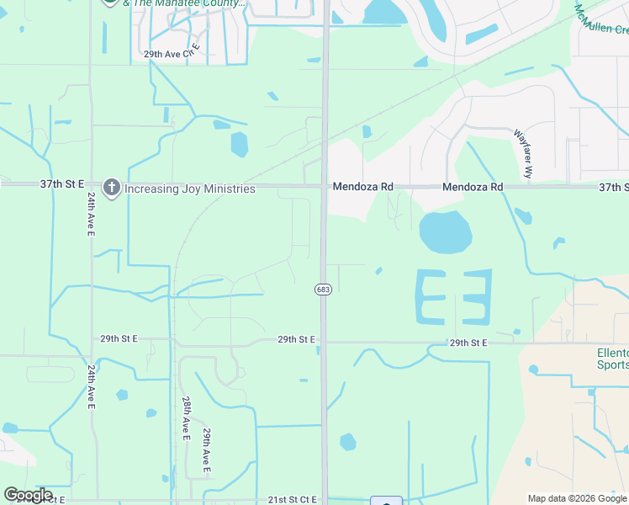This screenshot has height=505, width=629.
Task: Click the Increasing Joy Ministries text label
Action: tap(190, 189)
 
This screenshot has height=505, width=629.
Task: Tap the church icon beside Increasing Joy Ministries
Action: tap(111, 188)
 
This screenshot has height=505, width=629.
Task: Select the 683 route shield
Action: tap(323, 290)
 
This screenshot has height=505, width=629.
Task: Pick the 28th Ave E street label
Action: tap(185, 415)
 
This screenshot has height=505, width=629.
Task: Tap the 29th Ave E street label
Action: tap(206, 448)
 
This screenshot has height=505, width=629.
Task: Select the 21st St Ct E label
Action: tap(293, 499)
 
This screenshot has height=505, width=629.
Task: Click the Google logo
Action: tap(28, 495)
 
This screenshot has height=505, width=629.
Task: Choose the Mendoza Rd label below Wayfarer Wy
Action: tap(473, 187)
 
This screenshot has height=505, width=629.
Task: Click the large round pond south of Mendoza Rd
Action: tap(445, 231)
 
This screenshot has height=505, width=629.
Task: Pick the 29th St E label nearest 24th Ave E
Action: tap(119, 338)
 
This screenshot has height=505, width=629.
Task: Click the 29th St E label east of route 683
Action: tap(468, 343)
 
